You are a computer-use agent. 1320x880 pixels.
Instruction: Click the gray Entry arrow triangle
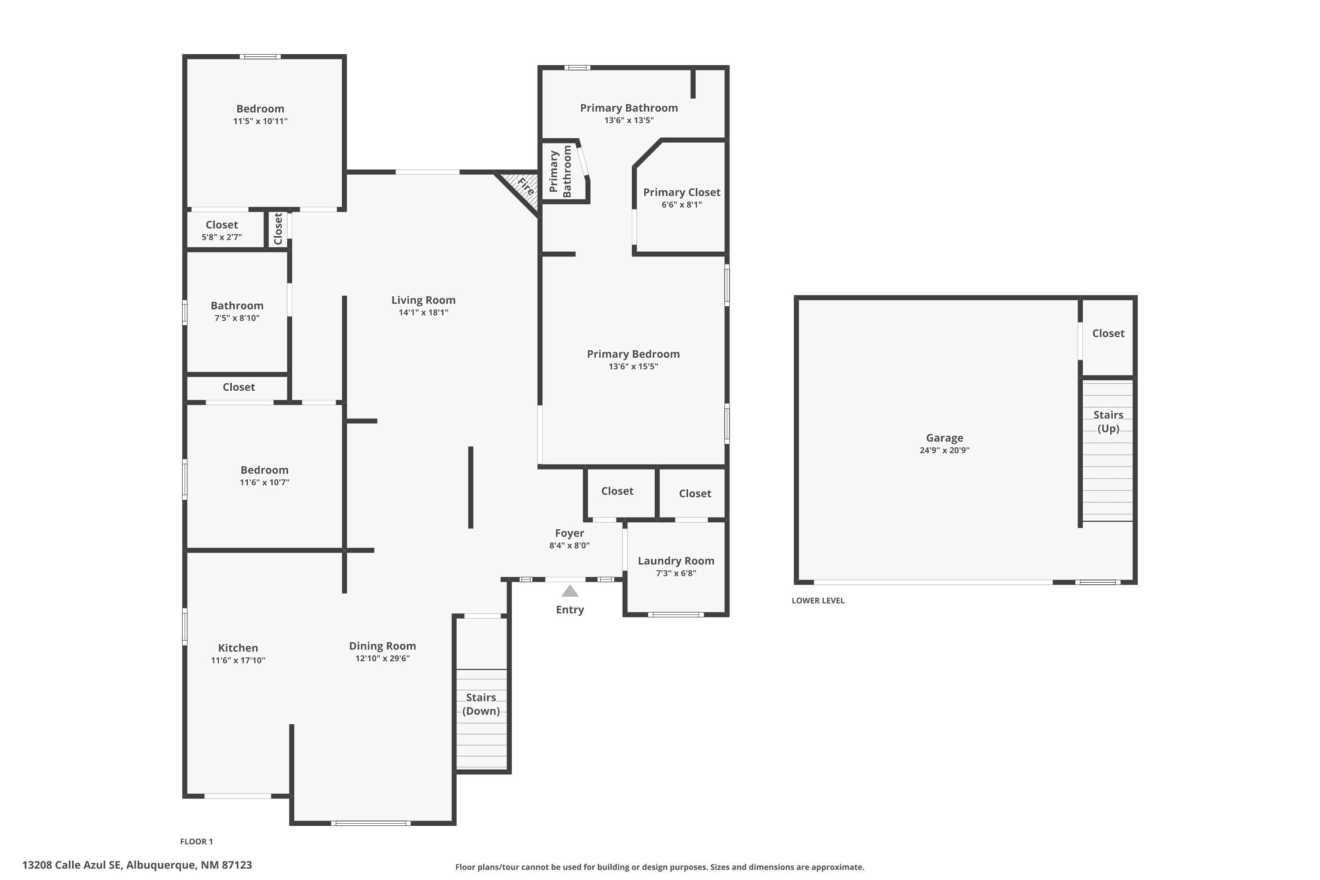pos(570,591)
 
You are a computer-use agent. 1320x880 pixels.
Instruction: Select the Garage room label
pos(945,438)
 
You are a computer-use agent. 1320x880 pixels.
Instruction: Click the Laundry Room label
pos(676,561)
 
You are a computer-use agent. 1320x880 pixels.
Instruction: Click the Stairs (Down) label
pos(481,704)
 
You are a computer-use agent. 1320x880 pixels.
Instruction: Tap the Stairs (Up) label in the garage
pos(1108,422)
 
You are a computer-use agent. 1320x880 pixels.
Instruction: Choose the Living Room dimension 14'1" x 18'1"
pos(423,312)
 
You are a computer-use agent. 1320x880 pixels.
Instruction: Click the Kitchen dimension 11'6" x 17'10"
pos(238,660)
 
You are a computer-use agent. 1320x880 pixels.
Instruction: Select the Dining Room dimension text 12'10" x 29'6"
pos(382,658)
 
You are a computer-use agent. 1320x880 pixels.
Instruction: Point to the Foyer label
pos(569,533)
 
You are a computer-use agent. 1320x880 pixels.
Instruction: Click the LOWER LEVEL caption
pos(818,601)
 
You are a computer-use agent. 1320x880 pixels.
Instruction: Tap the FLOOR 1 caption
pos(196,841)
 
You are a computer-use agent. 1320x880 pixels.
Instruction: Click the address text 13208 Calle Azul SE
pos(72,865)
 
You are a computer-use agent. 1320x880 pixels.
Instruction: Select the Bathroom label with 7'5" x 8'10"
pos(237,306)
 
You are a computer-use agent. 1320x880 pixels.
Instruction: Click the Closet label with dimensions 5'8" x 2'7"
pos(222,225)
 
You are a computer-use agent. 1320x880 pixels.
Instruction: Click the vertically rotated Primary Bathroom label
pos(560,171)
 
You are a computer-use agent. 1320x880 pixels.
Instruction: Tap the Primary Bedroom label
pos(633,354)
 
